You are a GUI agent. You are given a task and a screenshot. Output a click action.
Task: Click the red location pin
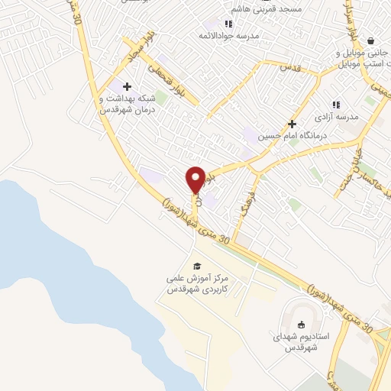click(x=195, y=179)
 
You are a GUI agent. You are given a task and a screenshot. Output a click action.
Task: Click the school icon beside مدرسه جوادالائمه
click(x=228, y=24)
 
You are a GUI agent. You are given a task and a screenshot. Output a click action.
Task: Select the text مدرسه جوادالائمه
click(x=229, y=36)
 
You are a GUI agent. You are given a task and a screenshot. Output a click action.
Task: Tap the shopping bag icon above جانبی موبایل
click(x=370, y=40)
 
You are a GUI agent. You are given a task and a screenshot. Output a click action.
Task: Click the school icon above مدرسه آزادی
click(x=334, y=105)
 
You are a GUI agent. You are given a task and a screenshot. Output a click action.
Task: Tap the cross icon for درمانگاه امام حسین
click(x=291, y=124)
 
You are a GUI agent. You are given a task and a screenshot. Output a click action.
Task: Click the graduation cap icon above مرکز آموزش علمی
click(x=198, y=265)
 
